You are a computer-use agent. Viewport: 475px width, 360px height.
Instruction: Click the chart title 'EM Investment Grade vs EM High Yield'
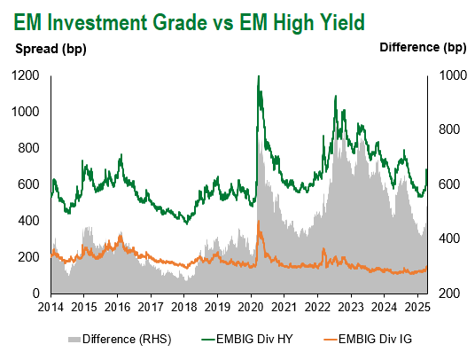tap(190, 23)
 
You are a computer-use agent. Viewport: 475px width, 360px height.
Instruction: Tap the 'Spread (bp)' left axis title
tap(51, 49)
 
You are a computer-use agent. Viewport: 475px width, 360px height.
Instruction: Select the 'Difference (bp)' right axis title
tap(423, 48)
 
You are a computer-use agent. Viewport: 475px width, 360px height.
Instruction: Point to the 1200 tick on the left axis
tap(26, 75)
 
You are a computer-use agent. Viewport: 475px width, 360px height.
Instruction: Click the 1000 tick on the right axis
tap(453, 75)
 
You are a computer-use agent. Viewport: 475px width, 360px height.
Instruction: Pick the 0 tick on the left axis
tap(36, 293)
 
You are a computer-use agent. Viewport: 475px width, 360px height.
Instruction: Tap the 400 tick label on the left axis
tap(29, 221)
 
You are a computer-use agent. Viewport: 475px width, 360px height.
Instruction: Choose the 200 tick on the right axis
tap(449, 293)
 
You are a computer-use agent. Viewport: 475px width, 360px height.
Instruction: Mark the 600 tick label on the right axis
tap(449, 184)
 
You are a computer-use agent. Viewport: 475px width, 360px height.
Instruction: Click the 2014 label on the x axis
tap(51, 308)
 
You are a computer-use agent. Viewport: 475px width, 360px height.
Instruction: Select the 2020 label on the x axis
tap(251, 308)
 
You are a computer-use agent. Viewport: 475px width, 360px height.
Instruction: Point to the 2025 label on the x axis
tap(417, 308)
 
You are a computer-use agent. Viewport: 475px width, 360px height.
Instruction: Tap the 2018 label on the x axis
tap(184, 308)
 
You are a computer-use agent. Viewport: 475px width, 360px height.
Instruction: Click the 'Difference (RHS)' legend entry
tap(120, 339)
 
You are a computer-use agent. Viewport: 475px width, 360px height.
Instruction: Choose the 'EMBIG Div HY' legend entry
tap(247, 339)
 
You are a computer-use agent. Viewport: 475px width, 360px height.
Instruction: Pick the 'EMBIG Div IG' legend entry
tap(368, 339)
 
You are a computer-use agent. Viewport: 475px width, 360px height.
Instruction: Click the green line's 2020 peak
tap(259, 76)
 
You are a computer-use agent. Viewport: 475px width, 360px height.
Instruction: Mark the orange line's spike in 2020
tap(259, 221)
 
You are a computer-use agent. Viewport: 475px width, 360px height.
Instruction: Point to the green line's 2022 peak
tap(335, 96)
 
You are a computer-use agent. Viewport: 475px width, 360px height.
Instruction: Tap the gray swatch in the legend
tap(74, 340)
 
